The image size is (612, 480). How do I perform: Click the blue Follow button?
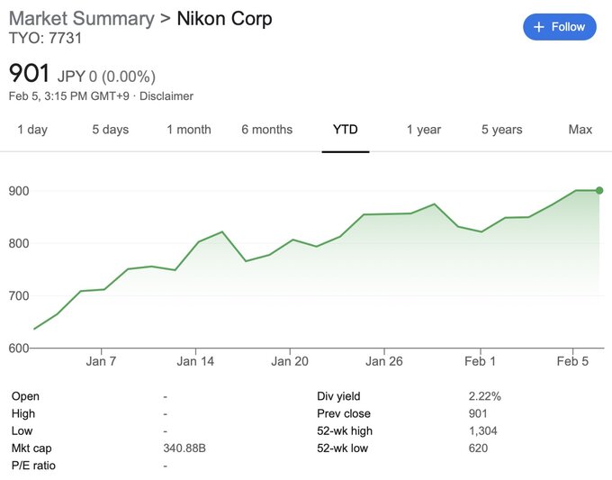[559, 27]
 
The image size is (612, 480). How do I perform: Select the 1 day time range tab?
[32, 130]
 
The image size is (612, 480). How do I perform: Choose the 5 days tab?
[110, 130]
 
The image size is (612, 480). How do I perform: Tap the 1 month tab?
[188, 130]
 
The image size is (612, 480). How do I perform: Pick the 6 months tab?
[266, 130]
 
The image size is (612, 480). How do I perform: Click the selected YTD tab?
[345, 130]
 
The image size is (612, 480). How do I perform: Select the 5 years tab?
[501, 130]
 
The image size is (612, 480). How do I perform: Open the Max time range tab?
[580, 130]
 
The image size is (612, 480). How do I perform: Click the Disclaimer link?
[166, 95]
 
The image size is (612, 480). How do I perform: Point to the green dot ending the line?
[599, 190]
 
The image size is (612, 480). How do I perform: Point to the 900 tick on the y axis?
[20, 191]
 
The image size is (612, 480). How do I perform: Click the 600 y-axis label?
[20, 348]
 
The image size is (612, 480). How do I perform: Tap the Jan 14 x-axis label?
[195, 362]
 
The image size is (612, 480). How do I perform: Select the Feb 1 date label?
[480, 362]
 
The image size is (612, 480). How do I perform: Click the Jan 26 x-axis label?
[383, 362]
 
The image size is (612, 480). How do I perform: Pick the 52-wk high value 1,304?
[483, 431]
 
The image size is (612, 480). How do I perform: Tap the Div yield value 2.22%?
[485, 396]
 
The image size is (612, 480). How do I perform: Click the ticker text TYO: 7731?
[45, 39]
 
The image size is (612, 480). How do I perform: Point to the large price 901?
[29, 73]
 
